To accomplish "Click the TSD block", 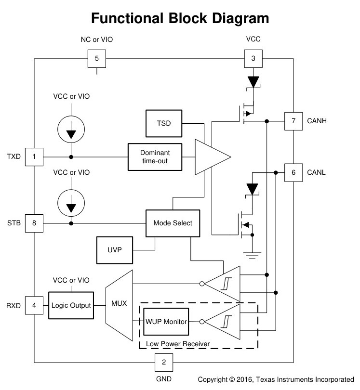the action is [164, 123].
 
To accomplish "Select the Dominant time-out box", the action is [155, 157].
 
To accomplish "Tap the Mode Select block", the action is [173, 223].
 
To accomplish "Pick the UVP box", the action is [115, 250].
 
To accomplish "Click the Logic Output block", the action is [71, 305].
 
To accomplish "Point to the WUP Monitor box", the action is [166, 322].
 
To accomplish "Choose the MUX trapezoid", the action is [119, 305].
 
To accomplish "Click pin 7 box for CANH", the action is [293, 121].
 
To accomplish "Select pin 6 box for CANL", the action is [293, 173].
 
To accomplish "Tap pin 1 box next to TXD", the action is [34, 157].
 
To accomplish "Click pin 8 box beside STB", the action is [34, 223].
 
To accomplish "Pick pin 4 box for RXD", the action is [34, 305].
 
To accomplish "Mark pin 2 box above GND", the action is [164, 363].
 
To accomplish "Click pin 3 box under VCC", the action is [253, 59].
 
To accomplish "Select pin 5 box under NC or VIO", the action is [97, 59].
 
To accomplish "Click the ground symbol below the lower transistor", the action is [252, 256].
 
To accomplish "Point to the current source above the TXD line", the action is [71, 130].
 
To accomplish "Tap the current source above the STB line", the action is [71, 203].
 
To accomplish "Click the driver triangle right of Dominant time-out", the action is [213, 157].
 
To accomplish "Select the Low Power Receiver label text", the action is [178, 344].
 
